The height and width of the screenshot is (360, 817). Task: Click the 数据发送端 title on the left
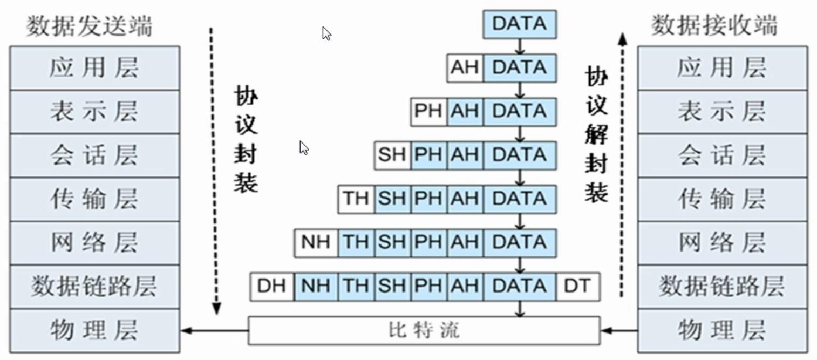tap(90, 26)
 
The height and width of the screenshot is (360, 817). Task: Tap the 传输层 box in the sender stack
tap(95, 199)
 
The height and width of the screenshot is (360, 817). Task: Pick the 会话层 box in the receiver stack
tap(723, 155)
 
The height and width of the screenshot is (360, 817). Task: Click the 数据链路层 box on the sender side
tap(95, 287)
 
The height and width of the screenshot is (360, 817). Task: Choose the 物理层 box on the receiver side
tap(723, 331)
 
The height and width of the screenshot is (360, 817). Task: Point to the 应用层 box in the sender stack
tap(95, 68)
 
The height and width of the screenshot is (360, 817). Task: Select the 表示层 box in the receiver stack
tap(723, 112)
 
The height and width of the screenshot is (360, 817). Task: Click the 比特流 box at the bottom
tap(424, 331)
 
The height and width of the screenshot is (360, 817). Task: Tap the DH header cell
tap(272, 287)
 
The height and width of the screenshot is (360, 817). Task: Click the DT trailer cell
tap(578, 287)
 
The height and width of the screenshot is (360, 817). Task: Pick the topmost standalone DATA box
tap(520, 24)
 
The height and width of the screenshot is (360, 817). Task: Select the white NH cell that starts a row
tap(316, 243)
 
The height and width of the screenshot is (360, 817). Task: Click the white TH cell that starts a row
tap(356, 199)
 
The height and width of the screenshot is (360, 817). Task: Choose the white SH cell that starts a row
tap(392, 155)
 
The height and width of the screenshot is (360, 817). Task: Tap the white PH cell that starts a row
tap(428, 112)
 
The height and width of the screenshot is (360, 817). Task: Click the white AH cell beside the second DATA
tap(465, 68)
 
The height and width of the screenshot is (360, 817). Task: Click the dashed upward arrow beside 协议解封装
tap(623, 165)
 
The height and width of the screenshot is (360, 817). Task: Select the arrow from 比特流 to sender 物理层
tap(214, 331)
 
